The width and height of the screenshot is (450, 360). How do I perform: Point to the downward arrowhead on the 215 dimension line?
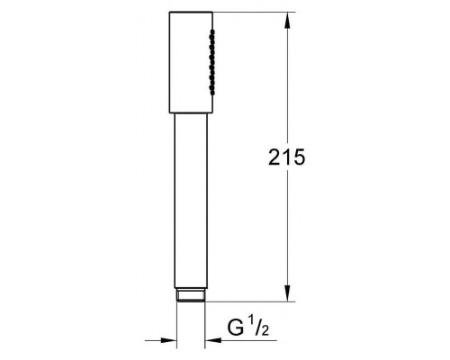287,294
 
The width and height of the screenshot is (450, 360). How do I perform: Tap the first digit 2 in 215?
274,157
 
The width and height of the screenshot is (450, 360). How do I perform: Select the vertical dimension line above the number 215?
287,81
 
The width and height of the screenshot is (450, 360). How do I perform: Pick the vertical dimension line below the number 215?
287,234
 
